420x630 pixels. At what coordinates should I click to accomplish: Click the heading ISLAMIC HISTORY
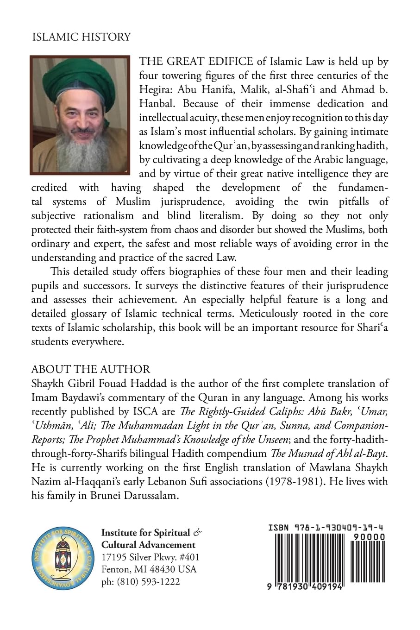(81, 37)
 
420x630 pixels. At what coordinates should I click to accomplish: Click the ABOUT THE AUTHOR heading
(91, 369)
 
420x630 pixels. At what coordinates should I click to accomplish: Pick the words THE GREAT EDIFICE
(196, 62)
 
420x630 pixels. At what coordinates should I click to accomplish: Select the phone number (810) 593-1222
(141, 582)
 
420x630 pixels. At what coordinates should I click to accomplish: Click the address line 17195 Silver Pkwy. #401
(150, 557)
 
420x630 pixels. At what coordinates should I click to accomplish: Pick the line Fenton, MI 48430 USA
(149, 569)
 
